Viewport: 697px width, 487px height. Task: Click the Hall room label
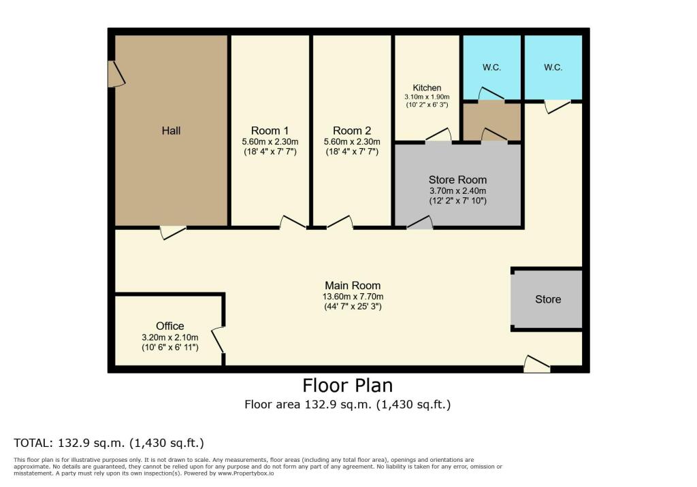[x=171, y=130]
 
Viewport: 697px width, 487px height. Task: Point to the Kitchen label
[x=427, y=88]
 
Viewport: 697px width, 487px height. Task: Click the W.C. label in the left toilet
[x=491, y=67]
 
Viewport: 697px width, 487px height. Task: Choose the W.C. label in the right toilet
[x=553, y=67]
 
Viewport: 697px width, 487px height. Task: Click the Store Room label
[x=457, y=180]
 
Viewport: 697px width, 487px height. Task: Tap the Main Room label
[x=352, y=286]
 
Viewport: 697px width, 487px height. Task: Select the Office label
[x=169, y=326]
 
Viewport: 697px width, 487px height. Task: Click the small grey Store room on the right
[x=548, y=299]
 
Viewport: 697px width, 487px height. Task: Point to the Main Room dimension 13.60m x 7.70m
[x=352, y=296]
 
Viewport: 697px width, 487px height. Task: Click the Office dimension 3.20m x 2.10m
[x=169, y=337]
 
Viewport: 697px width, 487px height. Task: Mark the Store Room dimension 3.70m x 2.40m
[x=457, y=190]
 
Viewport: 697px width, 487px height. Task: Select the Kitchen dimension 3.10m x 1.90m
[x=427, y=97]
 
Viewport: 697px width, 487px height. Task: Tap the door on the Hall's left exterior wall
[x=115, y=74]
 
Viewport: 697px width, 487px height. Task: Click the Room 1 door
[x=292, y=222]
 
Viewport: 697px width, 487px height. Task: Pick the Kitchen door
[x=438, y=135]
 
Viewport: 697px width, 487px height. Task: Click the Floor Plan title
[x=348, y=386]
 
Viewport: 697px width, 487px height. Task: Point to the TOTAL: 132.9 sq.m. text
[x=109, y=443]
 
